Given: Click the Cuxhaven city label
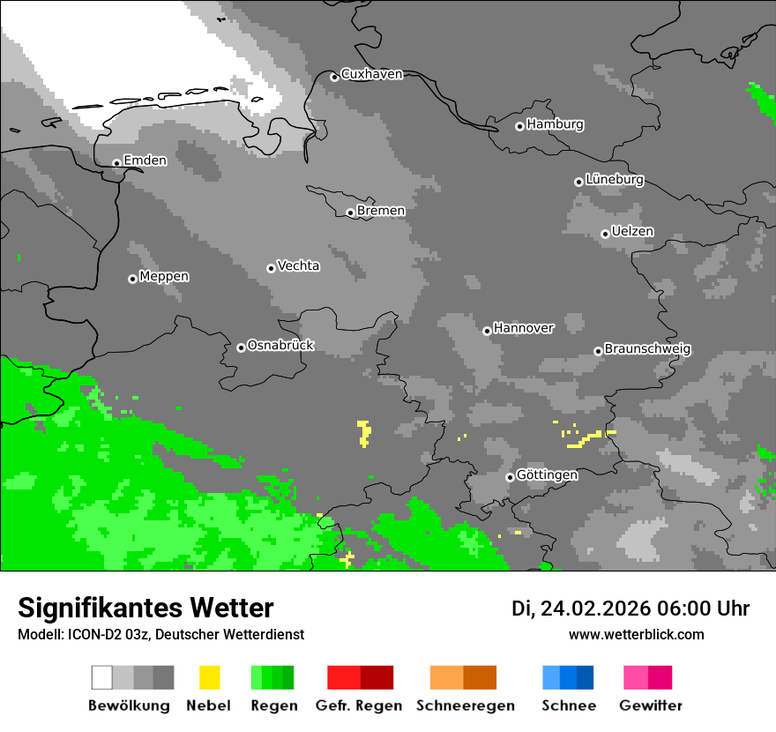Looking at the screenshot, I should [371, 74].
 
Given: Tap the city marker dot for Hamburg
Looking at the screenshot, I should [519, 126].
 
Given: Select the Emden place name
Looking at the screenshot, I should [145, 161].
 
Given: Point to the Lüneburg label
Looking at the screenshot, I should [615, 179].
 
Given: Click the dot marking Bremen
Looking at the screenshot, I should [350, 213].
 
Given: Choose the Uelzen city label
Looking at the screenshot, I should [632, 231].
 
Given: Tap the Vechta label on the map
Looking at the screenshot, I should [298, 265].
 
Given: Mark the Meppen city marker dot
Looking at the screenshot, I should [132, 279].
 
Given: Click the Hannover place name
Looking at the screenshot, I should [523, 328].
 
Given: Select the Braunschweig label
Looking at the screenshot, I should [647, 349].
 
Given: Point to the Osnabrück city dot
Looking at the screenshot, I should [241, 347].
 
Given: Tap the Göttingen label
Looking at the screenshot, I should [547, 475].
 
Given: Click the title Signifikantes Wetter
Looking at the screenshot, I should [145, 608].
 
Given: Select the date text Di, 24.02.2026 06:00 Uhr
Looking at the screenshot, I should [630, 609].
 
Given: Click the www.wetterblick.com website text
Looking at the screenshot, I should [636, 634].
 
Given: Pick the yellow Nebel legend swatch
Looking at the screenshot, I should [210, 677].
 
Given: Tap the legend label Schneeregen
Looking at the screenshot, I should [466, 706].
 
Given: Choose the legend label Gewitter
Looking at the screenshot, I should [650, 706].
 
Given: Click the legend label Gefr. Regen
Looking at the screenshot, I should [359, 706].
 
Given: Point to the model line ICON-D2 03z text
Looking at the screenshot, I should [160, 634].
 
